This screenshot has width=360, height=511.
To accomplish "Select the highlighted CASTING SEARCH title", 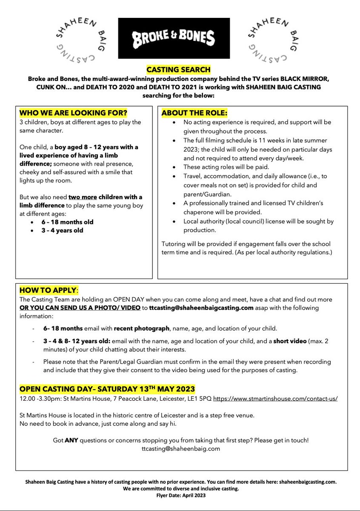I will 178,69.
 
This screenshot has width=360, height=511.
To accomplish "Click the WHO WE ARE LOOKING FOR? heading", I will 74,114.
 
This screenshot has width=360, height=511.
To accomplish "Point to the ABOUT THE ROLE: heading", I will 194,114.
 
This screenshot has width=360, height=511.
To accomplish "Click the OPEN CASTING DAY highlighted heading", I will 107,389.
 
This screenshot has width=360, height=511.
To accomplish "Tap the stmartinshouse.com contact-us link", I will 275,400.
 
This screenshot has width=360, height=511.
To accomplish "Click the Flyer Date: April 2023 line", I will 180,496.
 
